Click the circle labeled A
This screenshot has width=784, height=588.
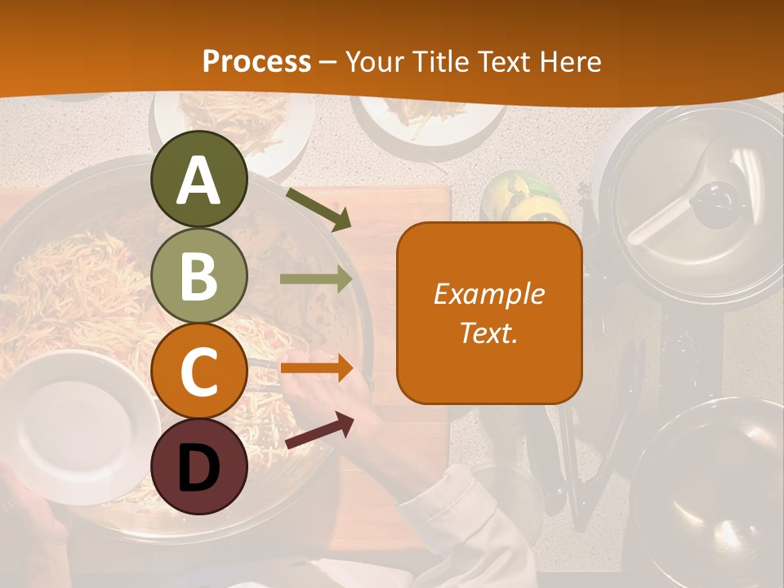click(x=198, y=179)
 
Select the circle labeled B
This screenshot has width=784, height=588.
click(x=198, y=275)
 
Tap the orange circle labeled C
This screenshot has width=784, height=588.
click(x=198, y=371)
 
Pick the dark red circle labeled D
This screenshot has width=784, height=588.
click(x=198, y=466)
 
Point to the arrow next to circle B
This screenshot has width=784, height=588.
click(x=316, y=279)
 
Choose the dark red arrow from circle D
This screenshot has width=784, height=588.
click(x=319, y=430)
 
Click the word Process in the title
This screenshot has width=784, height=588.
click(x=256, y=61)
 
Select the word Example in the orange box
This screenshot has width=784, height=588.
click(x=488, y=294)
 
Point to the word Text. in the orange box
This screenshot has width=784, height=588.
click(x=488, y=332)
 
